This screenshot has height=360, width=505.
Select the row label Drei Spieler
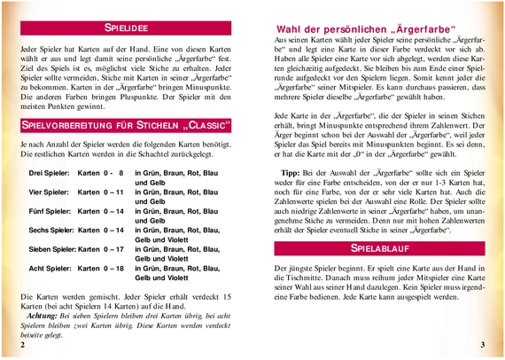50,171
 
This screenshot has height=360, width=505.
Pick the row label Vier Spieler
49,192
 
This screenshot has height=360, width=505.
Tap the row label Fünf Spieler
50,212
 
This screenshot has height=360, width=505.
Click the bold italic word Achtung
43,317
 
